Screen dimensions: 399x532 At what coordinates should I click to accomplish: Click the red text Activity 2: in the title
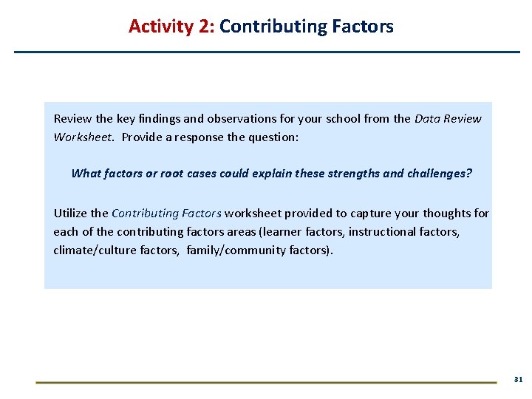point(171,27)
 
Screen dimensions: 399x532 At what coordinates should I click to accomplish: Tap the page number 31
point(518,379)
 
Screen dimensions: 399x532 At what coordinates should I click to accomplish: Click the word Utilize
point(70,214)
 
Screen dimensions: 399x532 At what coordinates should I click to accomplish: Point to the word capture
point(358,214)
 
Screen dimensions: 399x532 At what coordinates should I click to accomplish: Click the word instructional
point(383,232)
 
